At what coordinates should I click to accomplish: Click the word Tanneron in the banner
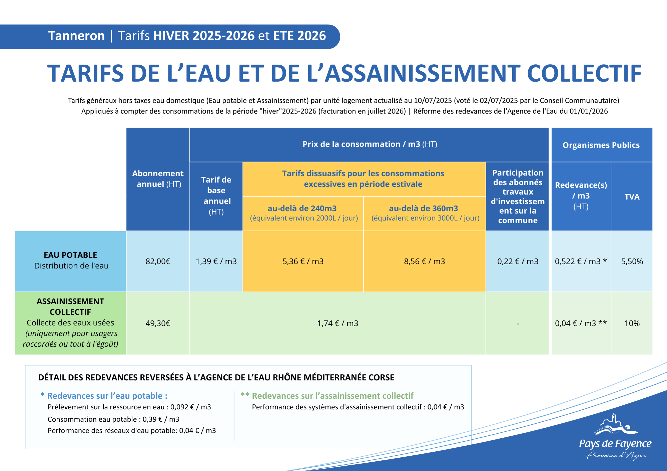[x=76, y=36]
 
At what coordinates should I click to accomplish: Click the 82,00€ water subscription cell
[x=158, y=261]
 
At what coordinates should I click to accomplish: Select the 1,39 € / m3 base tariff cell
[x=216, y=261]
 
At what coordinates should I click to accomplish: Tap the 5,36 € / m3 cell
[x=303, y=261]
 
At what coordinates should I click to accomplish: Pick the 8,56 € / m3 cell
[x=424, y=261]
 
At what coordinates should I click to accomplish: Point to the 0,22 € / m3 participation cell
[x=518, y=261]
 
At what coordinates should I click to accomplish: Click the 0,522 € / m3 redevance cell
[x=581, y=261]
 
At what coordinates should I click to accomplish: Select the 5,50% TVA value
[x=632, y=261]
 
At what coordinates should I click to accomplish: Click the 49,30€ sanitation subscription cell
[x=158, y=323]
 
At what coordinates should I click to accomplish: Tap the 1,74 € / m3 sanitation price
[x=338, y=323]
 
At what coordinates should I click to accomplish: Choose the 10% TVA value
[x=632, y=323]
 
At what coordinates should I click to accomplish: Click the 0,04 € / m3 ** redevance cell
[x=581, y=323]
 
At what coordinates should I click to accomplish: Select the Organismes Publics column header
[x=601, y=145]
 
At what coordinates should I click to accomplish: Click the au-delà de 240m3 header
[x=302, y=209]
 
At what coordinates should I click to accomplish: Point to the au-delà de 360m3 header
[x=424, y=209]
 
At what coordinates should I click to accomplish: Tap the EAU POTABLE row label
[x=70, y=255]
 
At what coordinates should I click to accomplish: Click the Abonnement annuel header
[x=158, y=179]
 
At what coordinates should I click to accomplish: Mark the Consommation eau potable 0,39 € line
[x=113, y=419]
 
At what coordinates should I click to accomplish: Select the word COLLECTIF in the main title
[x=584, y=74]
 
